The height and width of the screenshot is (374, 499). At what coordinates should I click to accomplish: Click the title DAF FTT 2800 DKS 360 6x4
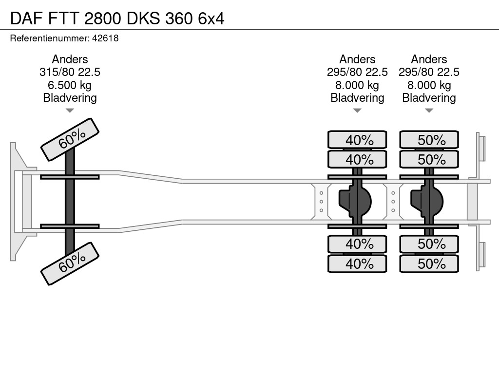tap(117, 18)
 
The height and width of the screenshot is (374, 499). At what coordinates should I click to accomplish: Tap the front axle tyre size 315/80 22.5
tap(70, 72)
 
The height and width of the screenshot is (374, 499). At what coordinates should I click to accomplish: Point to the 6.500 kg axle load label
tap(70, 85)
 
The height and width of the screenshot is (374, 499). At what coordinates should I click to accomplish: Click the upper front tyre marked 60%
tap(70, 139)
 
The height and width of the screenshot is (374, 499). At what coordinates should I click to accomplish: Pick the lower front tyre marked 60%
tap(70, 263)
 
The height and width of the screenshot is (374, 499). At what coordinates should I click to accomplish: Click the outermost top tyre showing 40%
tap(357, 140)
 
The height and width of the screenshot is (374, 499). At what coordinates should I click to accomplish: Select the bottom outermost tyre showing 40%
tap(357, 264)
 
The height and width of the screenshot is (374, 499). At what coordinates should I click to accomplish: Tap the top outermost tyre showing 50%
tap(429, 140)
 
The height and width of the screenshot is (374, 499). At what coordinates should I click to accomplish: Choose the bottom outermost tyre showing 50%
tap(429, 264)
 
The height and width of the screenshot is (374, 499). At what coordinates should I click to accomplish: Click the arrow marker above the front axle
tap(70, 111)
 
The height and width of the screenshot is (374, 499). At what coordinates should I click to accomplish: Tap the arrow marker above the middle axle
tap(357, 111)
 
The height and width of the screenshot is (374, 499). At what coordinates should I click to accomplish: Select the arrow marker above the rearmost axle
tap(429, 111)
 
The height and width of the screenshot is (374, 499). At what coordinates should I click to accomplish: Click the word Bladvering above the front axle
tap(70, 98)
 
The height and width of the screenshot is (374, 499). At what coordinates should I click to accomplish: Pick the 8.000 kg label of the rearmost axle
tap(429, 85)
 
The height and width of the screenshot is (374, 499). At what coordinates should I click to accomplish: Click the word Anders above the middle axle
tap(357, 59)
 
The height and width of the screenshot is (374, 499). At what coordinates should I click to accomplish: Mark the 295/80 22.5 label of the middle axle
tap(357, 72)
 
